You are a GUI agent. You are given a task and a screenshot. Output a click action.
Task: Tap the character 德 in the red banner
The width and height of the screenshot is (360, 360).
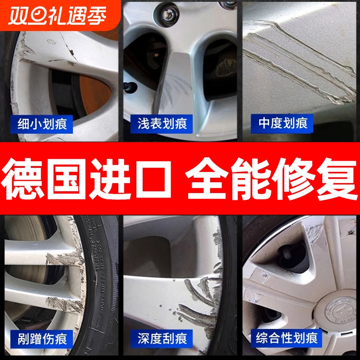click(31, 179)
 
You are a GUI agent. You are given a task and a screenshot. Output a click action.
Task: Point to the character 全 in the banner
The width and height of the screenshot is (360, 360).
click(207, 179)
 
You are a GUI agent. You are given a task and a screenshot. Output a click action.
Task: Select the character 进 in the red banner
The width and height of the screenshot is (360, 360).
click(112, 179)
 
